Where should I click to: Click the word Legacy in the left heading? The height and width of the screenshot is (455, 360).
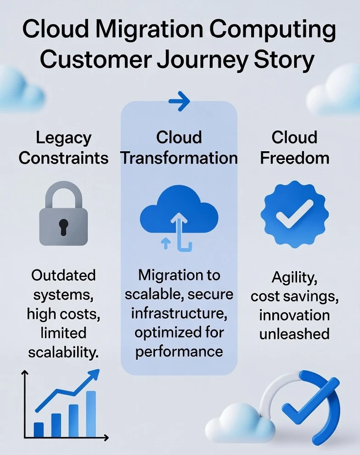tap(64, 138)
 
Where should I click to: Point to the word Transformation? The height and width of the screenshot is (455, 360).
tap(179, 158)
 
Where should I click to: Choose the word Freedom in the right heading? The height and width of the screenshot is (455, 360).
tap(294, 158)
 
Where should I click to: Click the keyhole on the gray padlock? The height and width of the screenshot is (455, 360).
tap(63, 226)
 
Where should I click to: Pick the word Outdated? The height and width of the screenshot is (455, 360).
tap(63, 275)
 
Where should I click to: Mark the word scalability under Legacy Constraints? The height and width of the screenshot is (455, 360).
tap(63, 353)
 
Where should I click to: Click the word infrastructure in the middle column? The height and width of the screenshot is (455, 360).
tap(179, 313)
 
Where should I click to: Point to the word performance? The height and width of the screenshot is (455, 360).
tap(179, 352)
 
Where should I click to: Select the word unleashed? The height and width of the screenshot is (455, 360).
tap(294, 334)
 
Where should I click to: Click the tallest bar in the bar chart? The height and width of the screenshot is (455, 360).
tap(91, 414)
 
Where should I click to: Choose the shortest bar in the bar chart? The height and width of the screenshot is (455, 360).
tap(39, 429)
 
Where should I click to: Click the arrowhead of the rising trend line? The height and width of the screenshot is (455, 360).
tap(94, 375)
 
